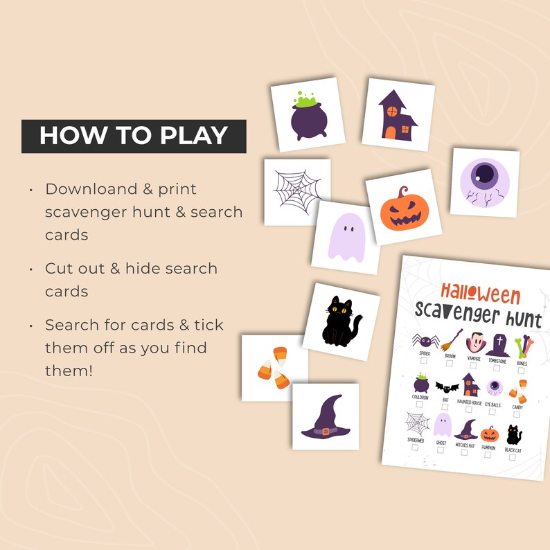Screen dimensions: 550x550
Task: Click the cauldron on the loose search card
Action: click(307, 116)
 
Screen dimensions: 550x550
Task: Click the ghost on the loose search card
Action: click(344, 236)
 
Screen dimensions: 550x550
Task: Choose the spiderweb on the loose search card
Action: click(296, 190)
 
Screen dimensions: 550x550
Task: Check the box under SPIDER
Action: click(425, 362)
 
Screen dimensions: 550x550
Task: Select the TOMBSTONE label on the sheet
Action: click(497, 360)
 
